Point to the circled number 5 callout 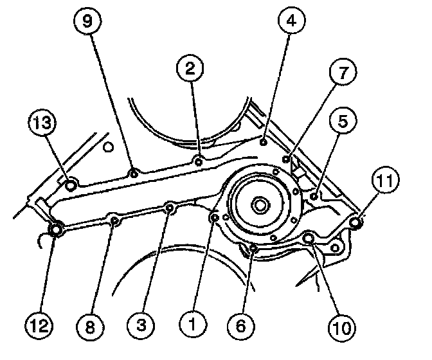tap(340, 123)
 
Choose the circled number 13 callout tap(42, 124)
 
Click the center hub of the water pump tap(260, 206)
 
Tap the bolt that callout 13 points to tap(71, 186)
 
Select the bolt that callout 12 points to tap(56, 228)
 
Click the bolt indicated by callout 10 tap(309, 239)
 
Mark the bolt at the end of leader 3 tap(170, 208)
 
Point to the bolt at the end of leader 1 tap(214, 219)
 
